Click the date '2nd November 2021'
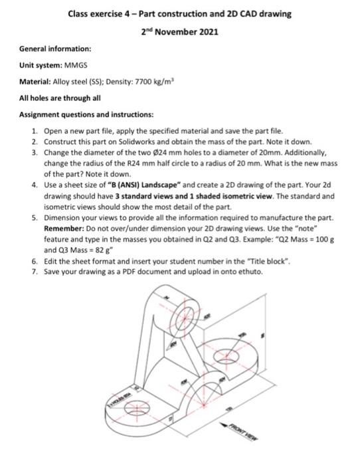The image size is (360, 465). tap(179, 31)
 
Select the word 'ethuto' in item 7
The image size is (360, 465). tap(250, 272)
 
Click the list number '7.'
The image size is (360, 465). tap(34, 272)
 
